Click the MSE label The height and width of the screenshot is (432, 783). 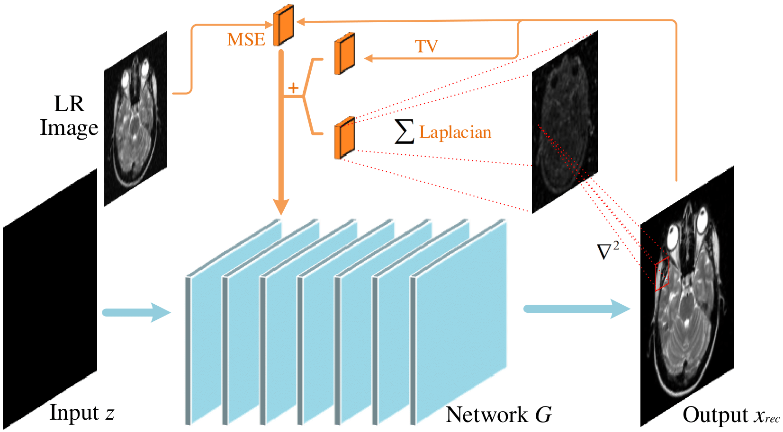(x=246, y=39)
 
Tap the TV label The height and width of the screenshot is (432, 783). (x=426, y=46)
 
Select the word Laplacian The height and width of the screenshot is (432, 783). (x=455, y=132)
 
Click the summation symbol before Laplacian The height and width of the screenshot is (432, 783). (x=404, y=132)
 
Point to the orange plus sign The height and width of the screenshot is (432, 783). (x=293, y=88)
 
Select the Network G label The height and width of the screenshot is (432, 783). (x=498, y=414)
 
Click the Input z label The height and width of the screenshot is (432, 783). (x=81, y=413)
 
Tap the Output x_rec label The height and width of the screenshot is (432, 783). (x=730, y=415)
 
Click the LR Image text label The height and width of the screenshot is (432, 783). (x=69, y=116)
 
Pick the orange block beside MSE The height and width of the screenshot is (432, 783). (x=283, y=26)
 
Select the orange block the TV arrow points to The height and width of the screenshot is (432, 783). (x=344, y=53)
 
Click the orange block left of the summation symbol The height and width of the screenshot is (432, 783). (x=344, y=138)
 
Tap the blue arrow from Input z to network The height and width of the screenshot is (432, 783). (x=136, y=312)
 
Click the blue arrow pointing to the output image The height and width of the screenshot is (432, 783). (x=576, y=309)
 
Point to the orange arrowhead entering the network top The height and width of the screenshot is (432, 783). (x=281, y=207)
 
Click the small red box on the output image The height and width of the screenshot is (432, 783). (x=662, y=274)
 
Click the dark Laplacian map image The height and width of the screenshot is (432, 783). (x=565, y=122)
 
